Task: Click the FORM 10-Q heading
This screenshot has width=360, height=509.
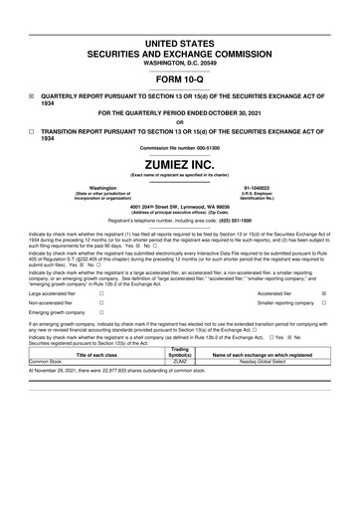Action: [x=180, y=79]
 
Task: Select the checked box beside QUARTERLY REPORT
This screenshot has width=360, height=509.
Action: [x=31, y=96]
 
